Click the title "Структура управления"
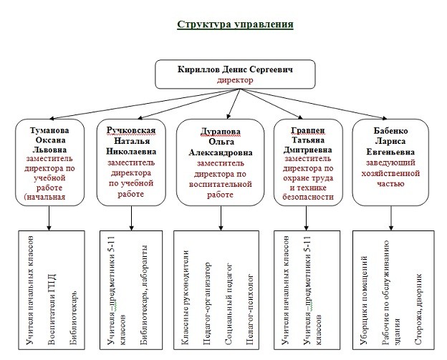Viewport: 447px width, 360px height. (x=235, y=24)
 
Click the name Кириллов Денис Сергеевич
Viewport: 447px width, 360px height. (x=235, y=69)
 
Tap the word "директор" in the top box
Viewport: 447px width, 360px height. (x=235, y=80)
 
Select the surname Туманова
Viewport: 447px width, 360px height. (x=49, y=130)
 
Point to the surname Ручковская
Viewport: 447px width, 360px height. (x=131, y=130)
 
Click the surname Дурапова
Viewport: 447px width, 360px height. (x=221, y=132)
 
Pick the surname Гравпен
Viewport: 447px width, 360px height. (x=308, y=130)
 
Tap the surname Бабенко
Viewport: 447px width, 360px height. (x=390, y=131)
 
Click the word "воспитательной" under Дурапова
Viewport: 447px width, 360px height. (x=221, y=184)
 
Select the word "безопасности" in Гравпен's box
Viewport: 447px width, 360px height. (x=308, y=197)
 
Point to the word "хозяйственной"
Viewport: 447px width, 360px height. (x=390, y=173)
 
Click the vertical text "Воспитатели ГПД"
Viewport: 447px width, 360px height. (x=52, y=309)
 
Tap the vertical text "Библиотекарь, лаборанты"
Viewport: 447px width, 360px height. (x=144, y=295)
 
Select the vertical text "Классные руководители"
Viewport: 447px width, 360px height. (x=185, y=298)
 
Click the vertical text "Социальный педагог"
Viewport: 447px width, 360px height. (x=229, y=304)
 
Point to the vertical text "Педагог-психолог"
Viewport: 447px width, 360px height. (x=250, y=310)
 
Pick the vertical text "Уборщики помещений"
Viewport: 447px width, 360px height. (x=363, y=301)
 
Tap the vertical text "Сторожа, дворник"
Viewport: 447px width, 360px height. (x=418, y=310)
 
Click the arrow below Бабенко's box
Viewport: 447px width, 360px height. (x=391, y=218)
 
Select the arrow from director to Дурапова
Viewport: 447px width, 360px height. (x=234, y=104)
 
